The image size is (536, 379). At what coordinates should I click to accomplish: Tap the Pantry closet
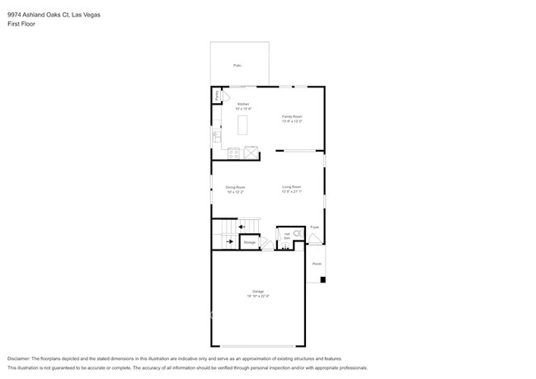pyautogui.click(x=217, y=96)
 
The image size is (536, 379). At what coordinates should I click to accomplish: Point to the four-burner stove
pyautogui.click(x=233, y=152)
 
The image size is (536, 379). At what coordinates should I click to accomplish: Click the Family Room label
pyautogui.click(x=292, y=119)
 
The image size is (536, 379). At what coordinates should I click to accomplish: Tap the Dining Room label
pyautogui.click(x=236, y=189)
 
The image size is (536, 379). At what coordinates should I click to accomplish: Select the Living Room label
pyautogui.click(x=292, y=189)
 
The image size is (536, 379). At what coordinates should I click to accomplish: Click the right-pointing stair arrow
pyautogui.click(x=228, y=241)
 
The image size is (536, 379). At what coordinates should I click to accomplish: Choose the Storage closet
pyautogui.click(x=250, y=242)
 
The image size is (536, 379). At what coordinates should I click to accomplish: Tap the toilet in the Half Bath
pyautogui.click(x=298, y=234)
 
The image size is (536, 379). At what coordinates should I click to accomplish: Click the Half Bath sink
pyautogui.click(x=287, y=245)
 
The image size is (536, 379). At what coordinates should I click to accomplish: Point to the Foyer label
pyautogui.click(x=314, y=227)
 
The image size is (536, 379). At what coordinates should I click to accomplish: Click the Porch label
pyautogui.click(x=317, y=264)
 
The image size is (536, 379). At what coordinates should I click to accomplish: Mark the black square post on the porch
pyautogui.click(x=323, y=279)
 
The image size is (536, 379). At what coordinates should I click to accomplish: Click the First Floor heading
pyautogui.click(x=21, y=24)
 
